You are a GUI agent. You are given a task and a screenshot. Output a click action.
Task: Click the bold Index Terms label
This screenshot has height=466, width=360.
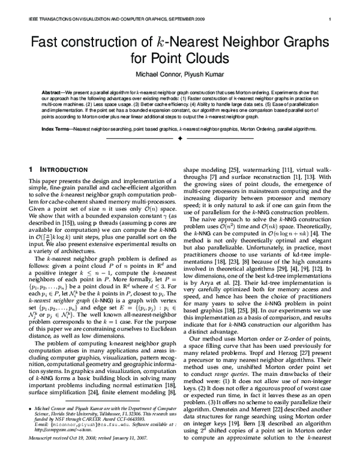coord(56,129)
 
